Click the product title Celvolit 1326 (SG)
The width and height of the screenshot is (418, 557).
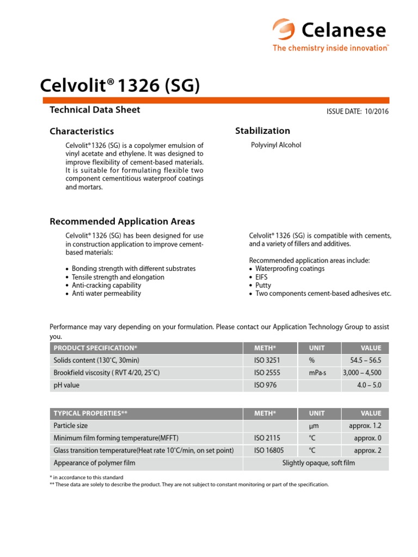[x=120, y=85]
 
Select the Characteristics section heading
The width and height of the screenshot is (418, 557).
[x=82, y=131]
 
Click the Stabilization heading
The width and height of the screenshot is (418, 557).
[x=262, y=131]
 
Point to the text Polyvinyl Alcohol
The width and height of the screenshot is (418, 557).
[x=275, y=145]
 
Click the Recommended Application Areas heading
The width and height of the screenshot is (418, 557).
[x=122, y=221]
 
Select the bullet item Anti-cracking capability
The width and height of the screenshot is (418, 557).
[x=106, y=285]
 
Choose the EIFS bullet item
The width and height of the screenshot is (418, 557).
[x=261, y=277]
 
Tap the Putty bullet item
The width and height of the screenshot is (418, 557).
[x=263, y=285]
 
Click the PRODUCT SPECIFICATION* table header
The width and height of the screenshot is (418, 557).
[x=95, y=348]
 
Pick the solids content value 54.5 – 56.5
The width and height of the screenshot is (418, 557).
[x=365, y=361]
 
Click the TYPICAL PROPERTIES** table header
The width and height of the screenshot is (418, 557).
[x=90, y=413]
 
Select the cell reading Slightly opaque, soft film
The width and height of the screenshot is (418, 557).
[x=318, y=463]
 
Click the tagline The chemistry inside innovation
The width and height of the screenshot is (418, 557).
[x=330, y=48]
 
